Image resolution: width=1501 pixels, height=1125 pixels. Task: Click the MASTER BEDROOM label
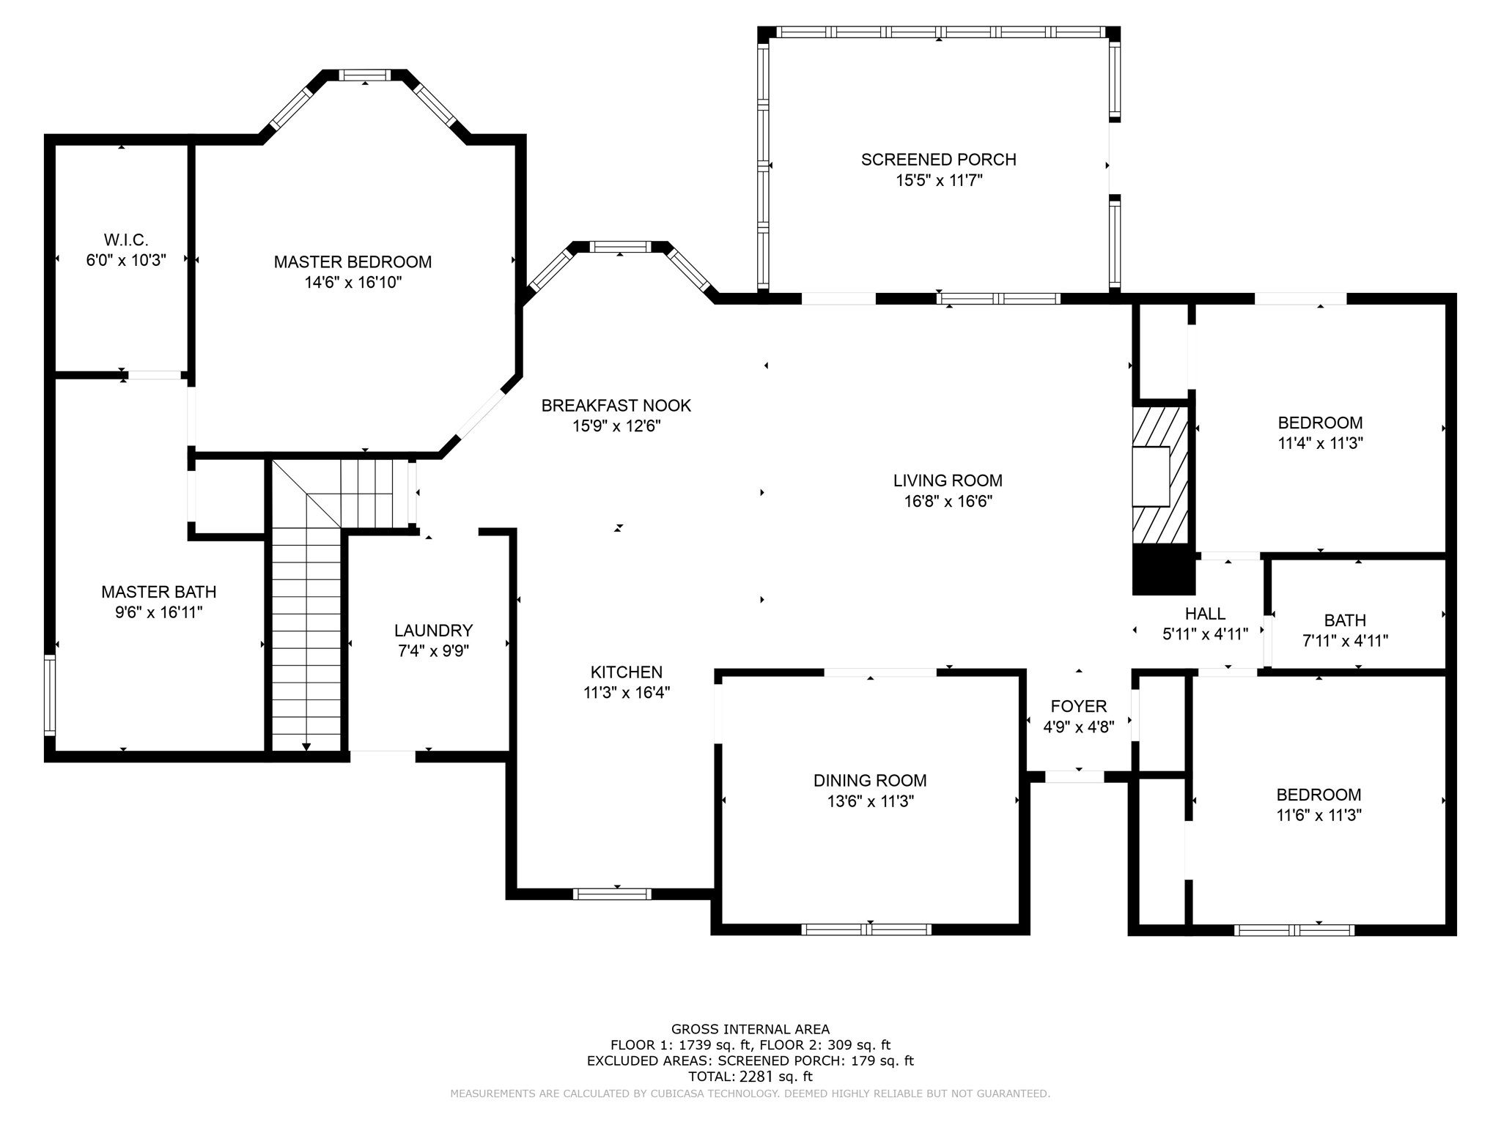pos(353,261)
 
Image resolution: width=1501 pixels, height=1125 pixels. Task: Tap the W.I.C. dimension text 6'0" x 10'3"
pos(126,260)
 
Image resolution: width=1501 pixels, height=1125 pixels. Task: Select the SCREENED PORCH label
pos(938,160)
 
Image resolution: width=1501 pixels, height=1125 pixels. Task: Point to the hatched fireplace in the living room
pos(1160,475)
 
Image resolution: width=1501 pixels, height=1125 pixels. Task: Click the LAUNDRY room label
pos(433,630)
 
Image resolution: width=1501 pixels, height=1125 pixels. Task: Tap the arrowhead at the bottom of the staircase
pos(306,746)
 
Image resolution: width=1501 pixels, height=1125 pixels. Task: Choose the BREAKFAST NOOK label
pos(616,405)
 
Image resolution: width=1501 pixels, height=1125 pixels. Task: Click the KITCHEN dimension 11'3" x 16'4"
pos(627,693)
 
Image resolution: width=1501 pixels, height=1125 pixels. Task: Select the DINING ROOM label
pos(870,781)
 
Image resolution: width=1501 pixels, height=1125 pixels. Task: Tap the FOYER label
pos(1078,706)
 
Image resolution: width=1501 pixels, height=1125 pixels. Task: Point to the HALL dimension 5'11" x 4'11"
pos(1205,634)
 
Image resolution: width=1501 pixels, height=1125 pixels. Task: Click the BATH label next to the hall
pos(1345,620)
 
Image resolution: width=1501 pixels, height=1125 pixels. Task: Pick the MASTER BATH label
pos(158,592)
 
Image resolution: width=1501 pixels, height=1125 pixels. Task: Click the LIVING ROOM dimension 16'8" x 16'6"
pos(948,502)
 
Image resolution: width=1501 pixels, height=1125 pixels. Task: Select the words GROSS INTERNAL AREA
pos(750,1029)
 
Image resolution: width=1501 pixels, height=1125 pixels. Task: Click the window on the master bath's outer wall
pos(50,694)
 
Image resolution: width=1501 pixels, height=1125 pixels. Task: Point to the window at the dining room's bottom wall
pos(866,929)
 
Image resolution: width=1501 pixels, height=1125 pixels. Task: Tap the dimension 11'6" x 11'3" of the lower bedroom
pos(1319,815)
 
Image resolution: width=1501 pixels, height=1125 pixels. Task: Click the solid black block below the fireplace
pos(1163,570)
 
